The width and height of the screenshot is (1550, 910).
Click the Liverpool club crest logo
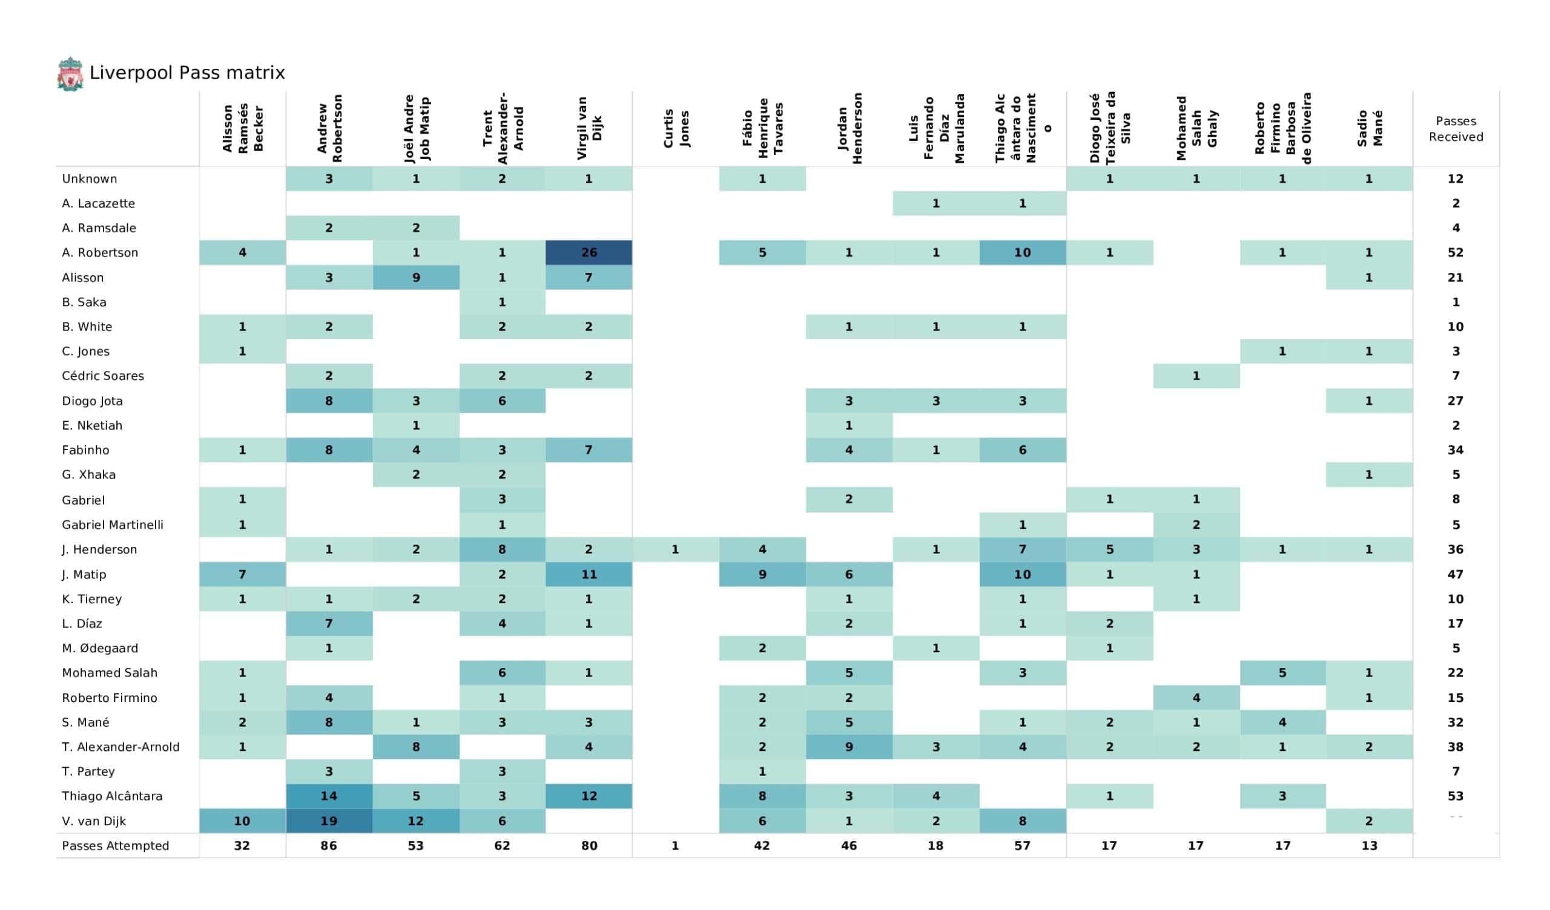pyautogui.click(x=70, y=74)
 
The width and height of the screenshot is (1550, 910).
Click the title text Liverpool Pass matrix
pyautogui.click(x=187, y=73)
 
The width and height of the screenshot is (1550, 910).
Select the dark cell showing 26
pyautogui.click(x=589, y=253)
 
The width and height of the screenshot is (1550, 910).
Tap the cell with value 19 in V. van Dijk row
pyautogui.click(x=328, y=821)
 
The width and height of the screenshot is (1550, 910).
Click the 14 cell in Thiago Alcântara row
pyautogui.click(x=328, y=796)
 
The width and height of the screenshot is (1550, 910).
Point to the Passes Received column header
pyautogui.click(x=1456, y=129)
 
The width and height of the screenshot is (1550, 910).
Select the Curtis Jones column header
pyautogui.click(x=675, y=129)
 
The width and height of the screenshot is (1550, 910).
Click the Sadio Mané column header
pyautogui.click(x=1369, y=129)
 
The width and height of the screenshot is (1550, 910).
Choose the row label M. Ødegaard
pyautogui.click(x=100, y=648)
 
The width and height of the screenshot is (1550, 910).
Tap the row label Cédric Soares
pyautogui.click(x=103, y=376)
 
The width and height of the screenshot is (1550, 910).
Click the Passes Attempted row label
pyautogui.click(x=115, y=845)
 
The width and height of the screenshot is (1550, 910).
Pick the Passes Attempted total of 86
pyautogui.click(x=328, y=845)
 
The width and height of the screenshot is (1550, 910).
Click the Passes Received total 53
pyautogui.click(x=1456, y=796)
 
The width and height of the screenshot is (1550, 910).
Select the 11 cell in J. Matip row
pyautogui.click(x=589, y=574)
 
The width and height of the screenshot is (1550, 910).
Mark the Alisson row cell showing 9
pyautogui.click(x=416, y=277)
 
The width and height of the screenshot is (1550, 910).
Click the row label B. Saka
pyautogui.click(x=84, y=302)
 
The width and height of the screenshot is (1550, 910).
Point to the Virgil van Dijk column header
pyautogui.click(x=589, y=129)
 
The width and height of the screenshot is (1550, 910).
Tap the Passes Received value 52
pyautogui.click(x=1456, y=253)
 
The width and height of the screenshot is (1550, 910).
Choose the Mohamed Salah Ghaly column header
pyautogui.click(x=1196, y=129)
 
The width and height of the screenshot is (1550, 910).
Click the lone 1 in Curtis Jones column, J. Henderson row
pyautogui.click(x=675, y=549)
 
